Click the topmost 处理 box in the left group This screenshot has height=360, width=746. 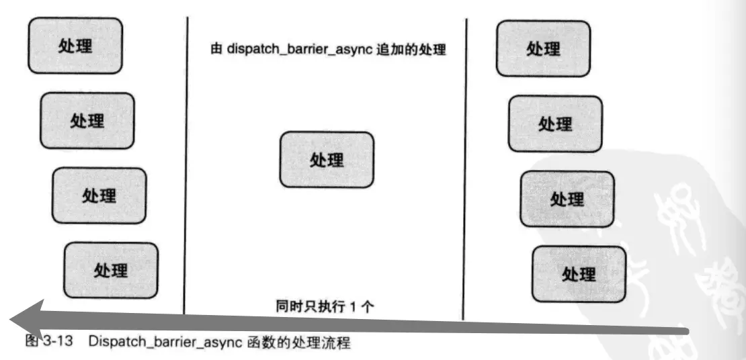(75, 46)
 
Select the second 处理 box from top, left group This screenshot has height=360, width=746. (87, 120)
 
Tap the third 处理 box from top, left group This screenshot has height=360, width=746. (99, 195)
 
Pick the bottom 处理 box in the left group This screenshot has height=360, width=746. (111, 270)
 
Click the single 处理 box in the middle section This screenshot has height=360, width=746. (327, 159)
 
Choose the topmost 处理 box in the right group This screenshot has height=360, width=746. (543, 48)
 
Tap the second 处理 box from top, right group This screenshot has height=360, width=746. (555, 124)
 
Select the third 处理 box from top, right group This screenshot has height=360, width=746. (567, 199)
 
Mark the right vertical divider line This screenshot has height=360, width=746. (465, 168)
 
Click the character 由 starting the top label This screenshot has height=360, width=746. (216, 51)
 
